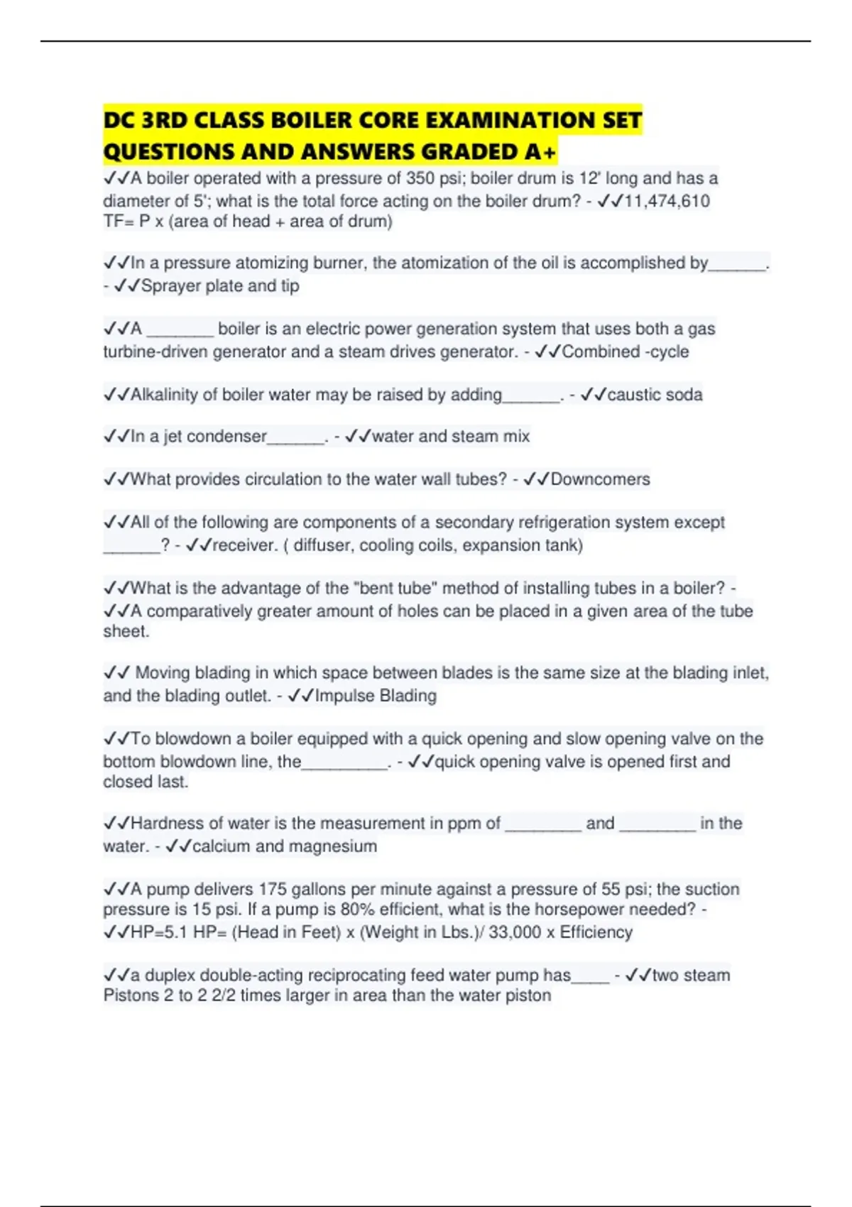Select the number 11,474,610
coord(667,201)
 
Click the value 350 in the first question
coord(420,178)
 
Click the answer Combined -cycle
coord(625,351)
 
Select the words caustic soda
coord(655,395)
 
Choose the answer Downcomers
coord(600,479)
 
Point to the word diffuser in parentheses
coord(323,545)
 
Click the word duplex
coord(170,975)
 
